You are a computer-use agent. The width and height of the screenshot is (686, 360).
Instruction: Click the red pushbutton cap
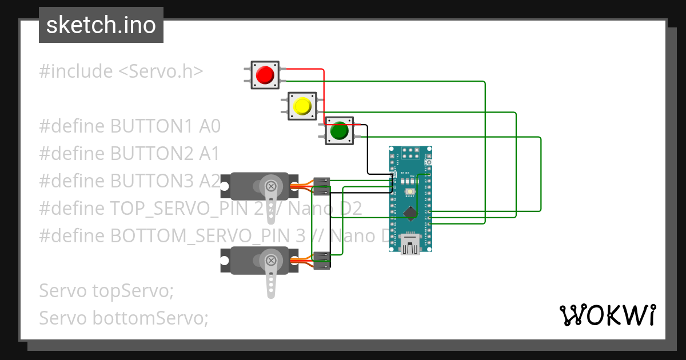(x=265, y=74)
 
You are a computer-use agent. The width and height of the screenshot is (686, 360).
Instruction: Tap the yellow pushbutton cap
(x=301, y=106)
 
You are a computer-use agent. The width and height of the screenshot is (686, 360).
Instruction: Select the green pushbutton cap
(x=339, y=131)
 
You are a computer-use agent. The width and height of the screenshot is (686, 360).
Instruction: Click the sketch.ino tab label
(x=101, y=25)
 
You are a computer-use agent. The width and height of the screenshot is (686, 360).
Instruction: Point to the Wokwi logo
(x=607, y=315)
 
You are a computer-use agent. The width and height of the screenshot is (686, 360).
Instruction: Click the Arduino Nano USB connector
(x=411, y=244)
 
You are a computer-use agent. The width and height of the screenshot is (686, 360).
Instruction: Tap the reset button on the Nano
(x=410, y=192)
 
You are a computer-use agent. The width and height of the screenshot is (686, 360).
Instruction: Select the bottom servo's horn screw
(x=271, y=261)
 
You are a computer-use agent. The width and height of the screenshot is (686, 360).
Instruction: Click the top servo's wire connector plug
(x=322, y=186)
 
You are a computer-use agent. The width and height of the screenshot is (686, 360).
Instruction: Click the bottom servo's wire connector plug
(x=322, y=260)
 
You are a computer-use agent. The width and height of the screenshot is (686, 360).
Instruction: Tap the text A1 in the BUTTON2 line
(x=209, y=153)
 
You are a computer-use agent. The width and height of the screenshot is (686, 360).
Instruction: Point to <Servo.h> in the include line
(x=161, y=71)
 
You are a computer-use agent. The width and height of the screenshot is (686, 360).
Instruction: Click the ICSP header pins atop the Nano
(x=410, y=153)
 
